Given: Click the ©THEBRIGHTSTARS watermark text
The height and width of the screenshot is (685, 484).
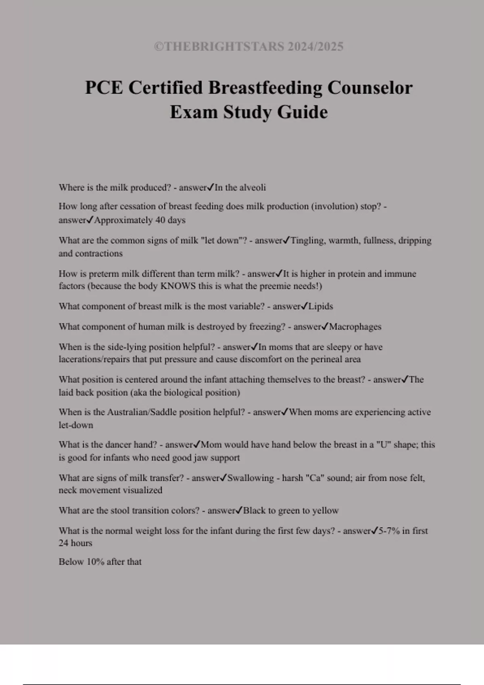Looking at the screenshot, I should point(248,47).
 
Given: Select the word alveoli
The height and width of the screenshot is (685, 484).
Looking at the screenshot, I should point(252,187).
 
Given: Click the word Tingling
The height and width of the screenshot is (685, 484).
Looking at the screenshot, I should point(308,241).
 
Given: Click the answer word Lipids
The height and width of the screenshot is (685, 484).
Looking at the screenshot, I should point(321,306).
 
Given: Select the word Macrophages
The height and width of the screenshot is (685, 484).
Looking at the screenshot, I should point(355,327).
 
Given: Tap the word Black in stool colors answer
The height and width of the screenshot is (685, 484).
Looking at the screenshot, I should point(254,511).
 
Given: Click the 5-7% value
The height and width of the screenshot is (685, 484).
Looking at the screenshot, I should point(389,531).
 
